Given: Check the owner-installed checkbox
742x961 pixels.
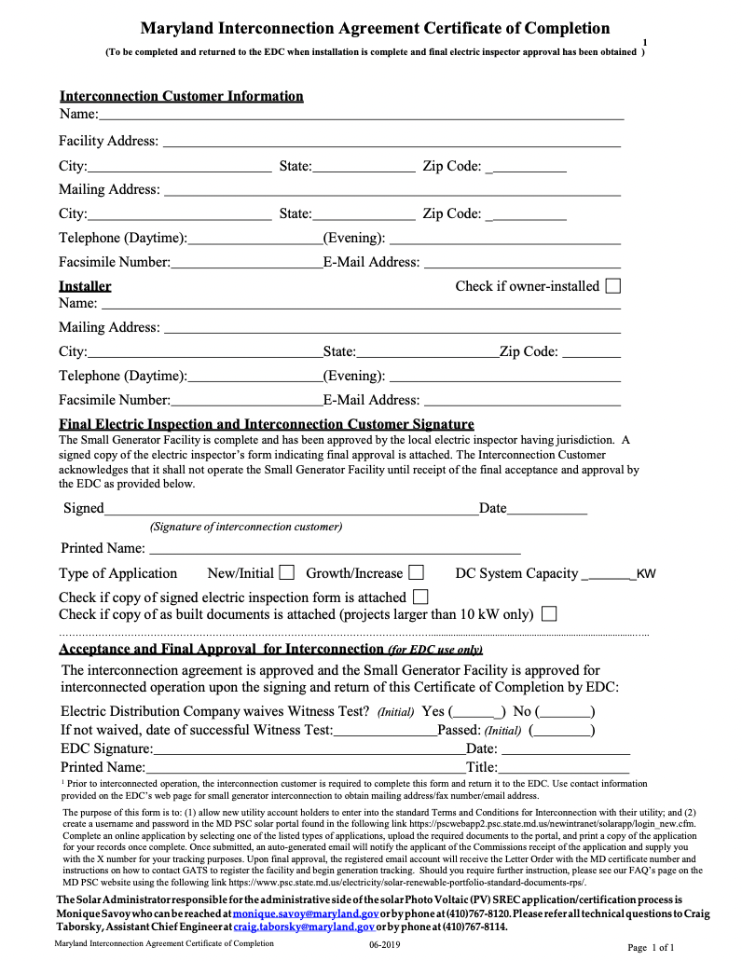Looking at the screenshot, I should (612, 286).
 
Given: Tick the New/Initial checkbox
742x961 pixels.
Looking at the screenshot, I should (287, 572).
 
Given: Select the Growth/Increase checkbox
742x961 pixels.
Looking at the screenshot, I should (417, 572).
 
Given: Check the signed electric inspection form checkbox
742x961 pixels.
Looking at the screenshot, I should (420, 597).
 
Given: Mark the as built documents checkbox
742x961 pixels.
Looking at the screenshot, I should (549, 614).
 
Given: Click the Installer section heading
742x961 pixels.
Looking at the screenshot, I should (85, 286).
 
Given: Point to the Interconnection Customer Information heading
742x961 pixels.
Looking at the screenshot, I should (181, 96).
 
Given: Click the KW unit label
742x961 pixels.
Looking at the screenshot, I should (646, 574).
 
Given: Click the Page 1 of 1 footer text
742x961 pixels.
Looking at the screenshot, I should (651, 948).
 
